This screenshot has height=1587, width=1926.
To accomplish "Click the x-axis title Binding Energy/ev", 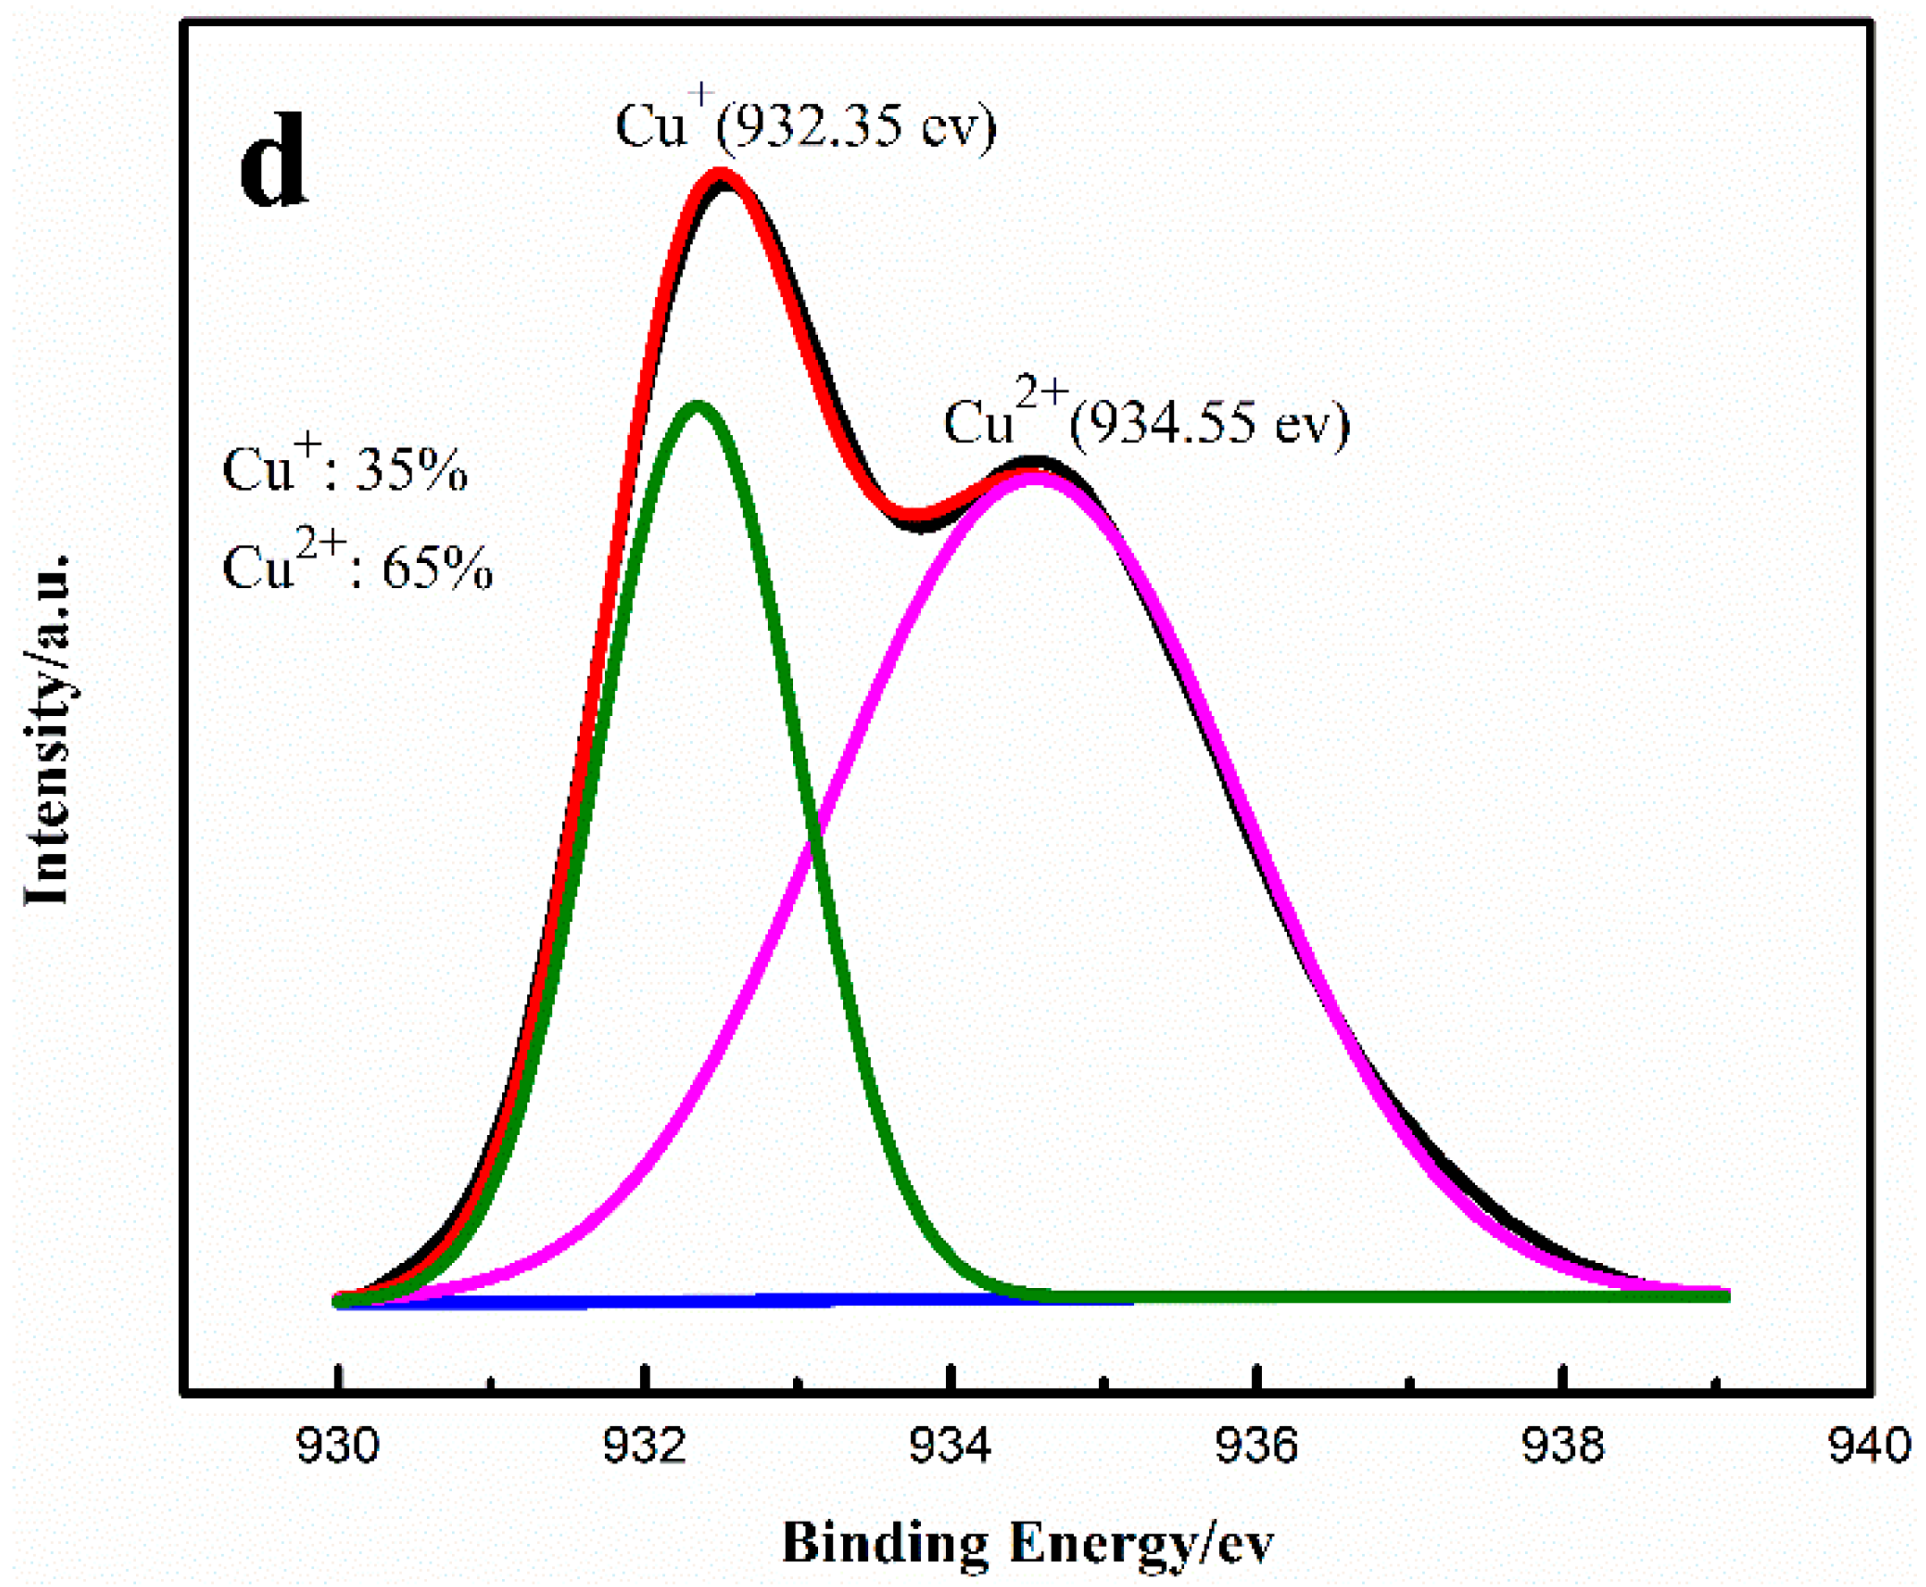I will click(1027, 1544).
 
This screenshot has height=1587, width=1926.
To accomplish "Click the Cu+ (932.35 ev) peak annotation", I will click(805, 124).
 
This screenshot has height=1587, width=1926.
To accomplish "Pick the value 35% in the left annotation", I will click(411, 472).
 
